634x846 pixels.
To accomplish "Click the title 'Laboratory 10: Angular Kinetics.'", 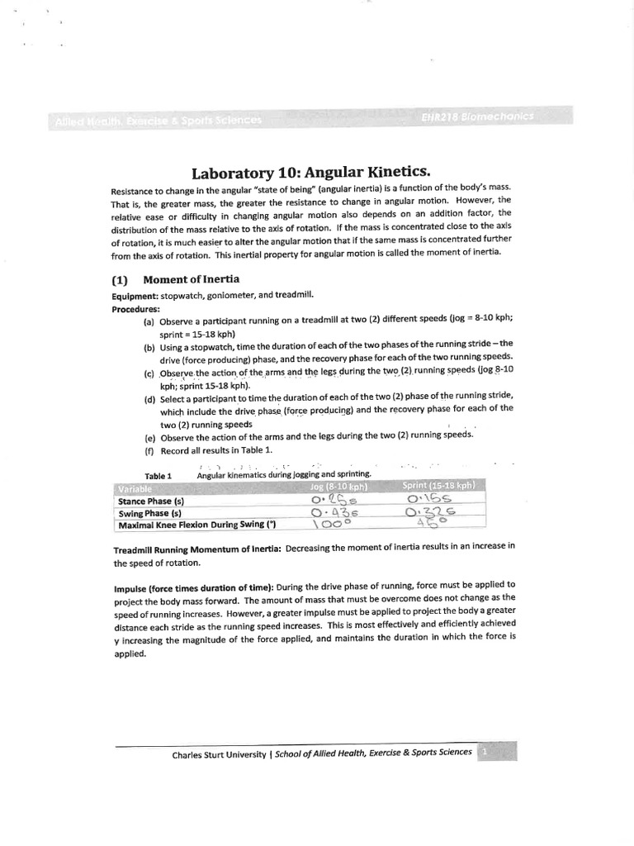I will (311, 173).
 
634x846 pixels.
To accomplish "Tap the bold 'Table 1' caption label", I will (157, 476).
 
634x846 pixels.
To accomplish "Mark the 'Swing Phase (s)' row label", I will (149, 513).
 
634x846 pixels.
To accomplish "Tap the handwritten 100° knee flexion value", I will (330, 524).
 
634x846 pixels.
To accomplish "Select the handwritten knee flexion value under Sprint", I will (432, 522).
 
